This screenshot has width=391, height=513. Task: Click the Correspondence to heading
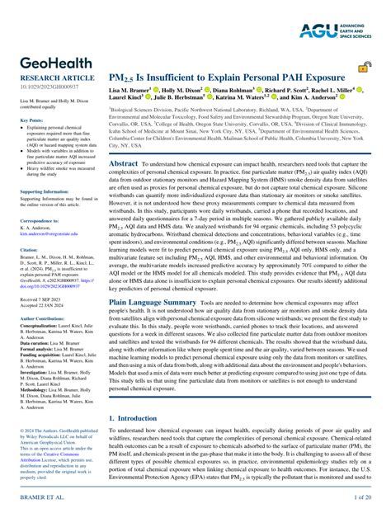(39, 221)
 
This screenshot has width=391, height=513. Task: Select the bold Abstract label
(124, 164)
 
